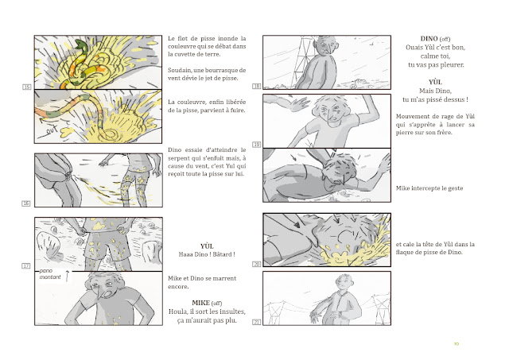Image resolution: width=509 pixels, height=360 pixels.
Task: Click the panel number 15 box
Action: click(x=26, y=87)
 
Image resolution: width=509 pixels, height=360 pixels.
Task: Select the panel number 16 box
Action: click(x=26, y=203)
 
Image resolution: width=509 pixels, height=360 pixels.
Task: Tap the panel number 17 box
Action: click(x=26, y=266)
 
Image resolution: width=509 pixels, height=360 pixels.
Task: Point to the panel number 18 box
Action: click(x=256, y=87)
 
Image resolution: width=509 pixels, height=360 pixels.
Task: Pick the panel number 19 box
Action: click(x=256, y=145)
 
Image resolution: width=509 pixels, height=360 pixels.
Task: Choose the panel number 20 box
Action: click(x=256, y=265)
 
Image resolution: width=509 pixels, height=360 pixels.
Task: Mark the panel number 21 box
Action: click(x=256, y=322)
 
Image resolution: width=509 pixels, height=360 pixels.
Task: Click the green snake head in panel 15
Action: click(x=80, y=45)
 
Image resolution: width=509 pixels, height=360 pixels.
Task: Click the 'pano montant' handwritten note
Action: click(x=50, y=274)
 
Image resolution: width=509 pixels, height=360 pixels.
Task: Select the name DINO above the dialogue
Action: click(x=429, y=39)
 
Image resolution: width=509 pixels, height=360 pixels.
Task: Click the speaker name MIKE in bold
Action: click(x=200, y=303)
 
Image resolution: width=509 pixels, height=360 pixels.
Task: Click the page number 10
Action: click(x=457, y=344)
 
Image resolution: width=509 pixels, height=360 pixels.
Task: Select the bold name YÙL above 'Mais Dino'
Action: click(x=435, y=82)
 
